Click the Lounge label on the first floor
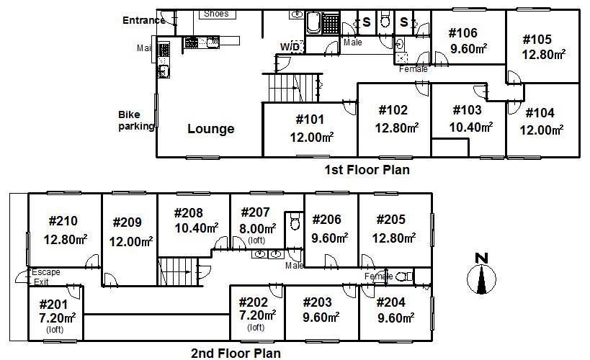pos(210,129)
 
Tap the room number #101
pos(310,120)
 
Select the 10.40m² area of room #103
pos(470,127)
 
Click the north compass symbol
pos(482,274)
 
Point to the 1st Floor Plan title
pos(367,170)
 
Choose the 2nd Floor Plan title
pos(236,354)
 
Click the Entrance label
pos(144,20)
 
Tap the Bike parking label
pos(136,120)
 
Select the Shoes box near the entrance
pos(217,14)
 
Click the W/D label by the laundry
pos(290,47)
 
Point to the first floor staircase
pos(292,88)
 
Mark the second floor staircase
pos(178,271)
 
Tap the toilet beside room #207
pos(294,222)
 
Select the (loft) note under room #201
pos(55,330)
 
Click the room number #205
pos(391,220)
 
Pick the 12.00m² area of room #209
pos(131,241)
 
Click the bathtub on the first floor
pos(313,22)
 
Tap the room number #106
pos(462,33)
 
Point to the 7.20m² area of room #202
pos(257,315)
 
